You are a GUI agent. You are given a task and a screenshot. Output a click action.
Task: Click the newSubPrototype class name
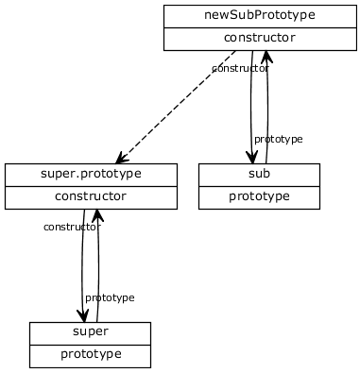259,16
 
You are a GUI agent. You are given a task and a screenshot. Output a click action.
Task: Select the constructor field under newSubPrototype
259,39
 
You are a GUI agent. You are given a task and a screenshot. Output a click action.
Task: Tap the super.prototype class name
91,175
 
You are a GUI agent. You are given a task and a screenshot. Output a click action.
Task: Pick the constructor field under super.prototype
91,197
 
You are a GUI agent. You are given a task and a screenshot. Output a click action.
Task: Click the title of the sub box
259,175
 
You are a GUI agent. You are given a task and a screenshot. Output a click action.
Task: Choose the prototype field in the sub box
259,197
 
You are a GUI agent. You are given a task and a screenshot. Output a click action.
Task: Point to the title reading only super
90,332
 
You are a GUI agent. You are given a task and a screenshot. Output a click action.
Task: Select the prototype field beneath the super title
90,355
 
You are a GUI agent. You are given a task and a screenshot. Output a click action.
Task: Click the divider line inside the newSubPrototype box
259,27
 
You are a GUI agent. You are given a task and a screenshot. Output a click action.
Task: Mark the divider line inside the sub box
259,186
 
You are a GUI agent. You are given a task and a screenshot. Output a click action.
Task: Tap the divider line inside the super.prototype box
91,186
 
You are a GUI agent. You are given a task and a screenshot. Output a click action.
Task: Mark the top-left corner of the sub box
199,164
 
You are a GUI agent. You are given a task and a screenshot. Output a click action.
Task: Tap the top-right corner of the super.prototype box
177,164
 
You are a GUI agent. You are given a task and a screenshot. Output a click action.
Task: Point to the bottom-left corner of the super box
30,367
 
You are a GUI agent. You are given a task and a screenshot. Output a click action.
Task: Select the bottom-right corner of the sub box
319,208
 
